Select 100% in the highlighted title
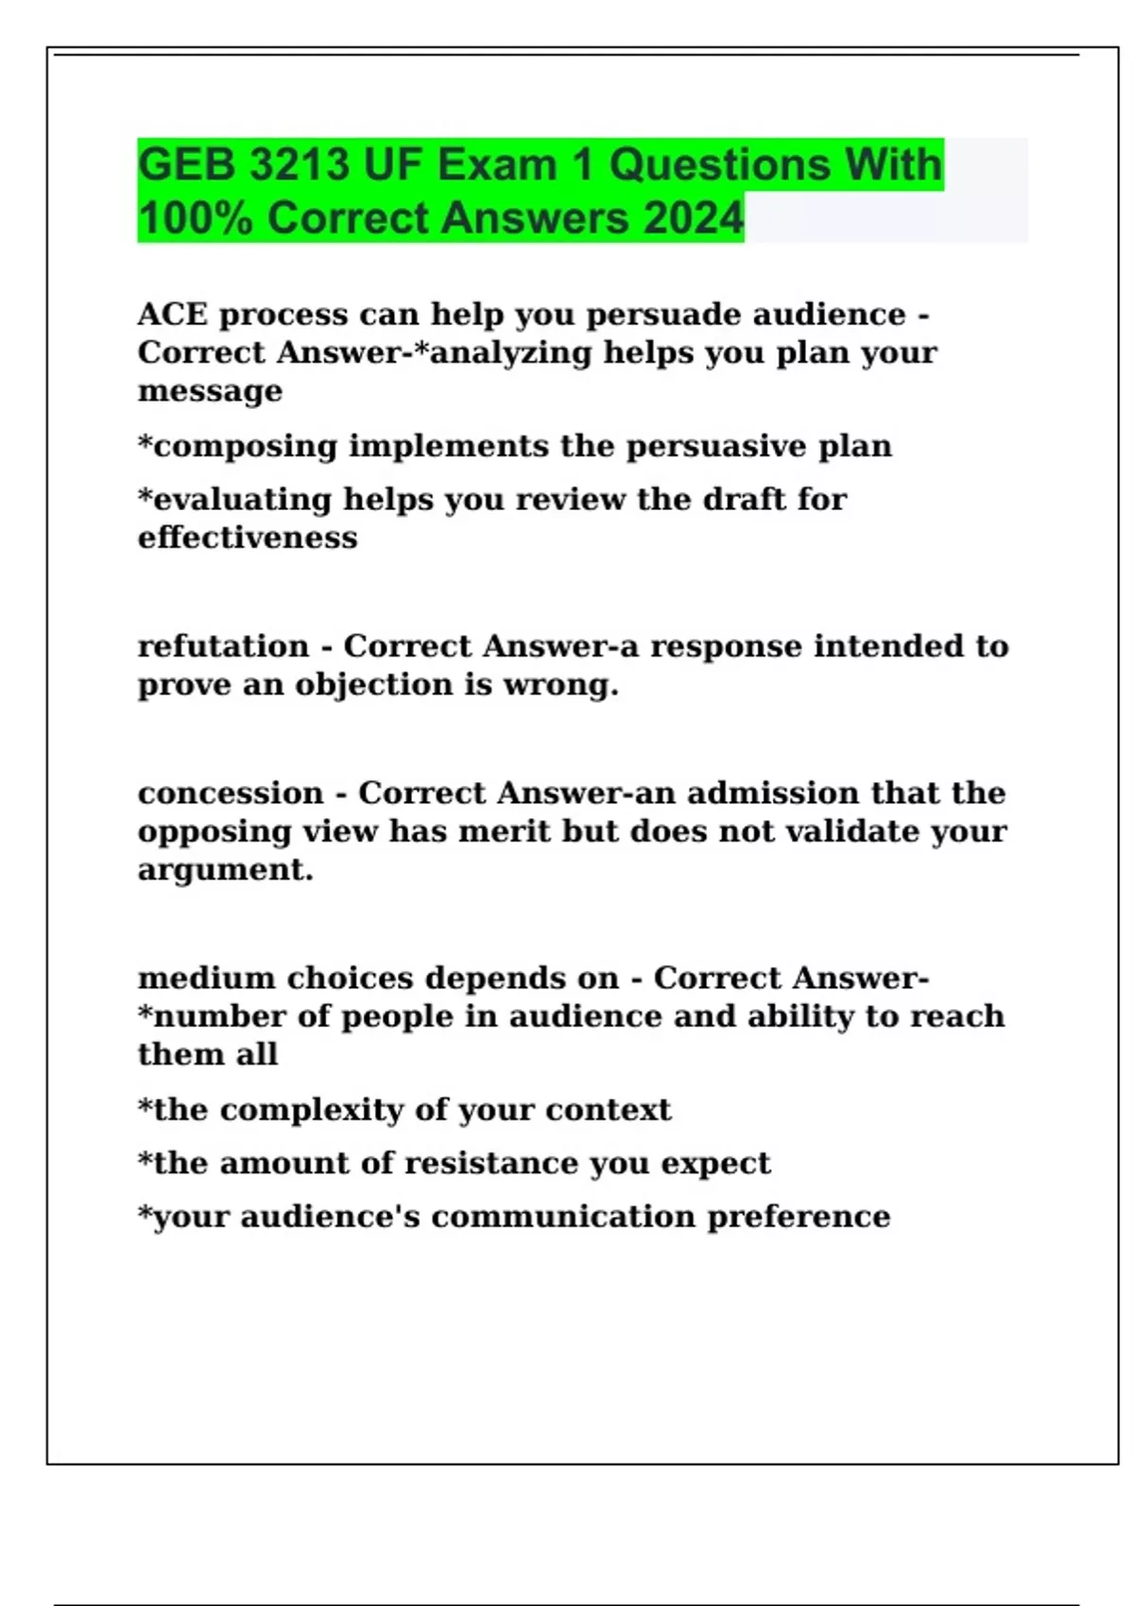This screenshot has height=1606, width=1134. [x=195, y=218]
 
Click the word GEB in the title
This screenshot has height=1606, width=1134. [x=186, y=165]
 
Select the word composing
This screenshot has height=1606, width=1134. [x=245, y=447]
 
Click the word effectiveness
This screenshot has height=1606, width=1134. [x=248, y=538]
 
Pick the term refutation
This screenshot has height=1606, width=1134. [x=223, y=646]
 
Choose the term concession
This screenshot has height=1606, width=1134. [x=231, y=794]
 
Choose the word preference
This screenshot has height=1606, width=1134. [x=799, y=1217]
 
